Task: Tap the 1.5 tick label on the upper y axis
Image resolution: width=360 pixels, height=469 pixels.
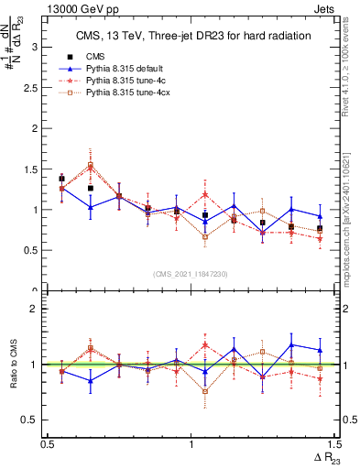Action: tap(34, 169)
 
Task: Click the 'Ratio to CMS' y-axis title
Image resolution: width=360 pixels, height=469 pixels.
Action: tap(14, 365)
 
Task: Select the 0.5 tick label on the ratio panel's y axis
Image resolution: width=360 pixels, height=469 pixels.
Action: tap(34, 420)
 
